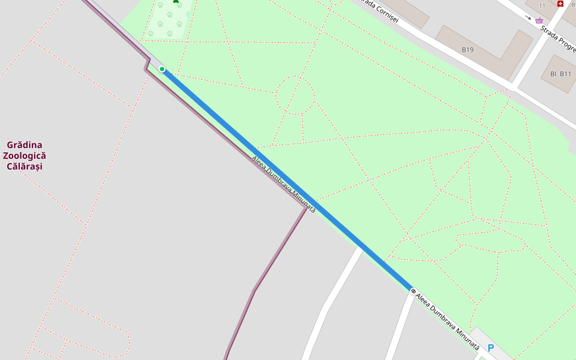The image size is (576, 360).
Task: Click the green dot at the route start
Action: click(162, 69)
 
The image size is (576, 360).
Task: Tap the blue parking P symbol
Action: click(491, 348)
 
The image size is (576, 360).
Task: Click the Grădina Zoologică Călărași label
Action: click(25, 155)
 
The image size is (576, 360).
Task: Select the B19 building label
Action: click(467, 49)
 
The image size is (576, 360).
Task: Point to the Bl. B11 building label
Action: click(560, 74)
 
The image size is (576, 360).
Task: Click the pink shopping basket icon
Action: click(539, 20)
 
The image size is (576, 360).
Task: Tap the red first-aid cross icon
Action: click(560, 4)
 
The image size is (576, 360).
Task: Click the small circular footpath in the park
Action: click(295, 95)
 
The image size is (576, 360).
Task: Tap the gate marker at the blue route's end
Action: click(413, 291)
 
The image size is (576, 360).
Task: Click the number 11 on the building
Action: click(542, 5)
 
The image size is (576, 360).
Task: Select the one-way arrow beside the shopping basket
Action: click(528, 17)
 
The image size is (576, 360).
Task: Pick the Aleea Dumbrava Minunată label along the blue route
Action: click(283, 184)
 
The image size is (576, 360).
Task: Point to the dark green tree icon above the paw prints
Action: click(176, 1)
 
